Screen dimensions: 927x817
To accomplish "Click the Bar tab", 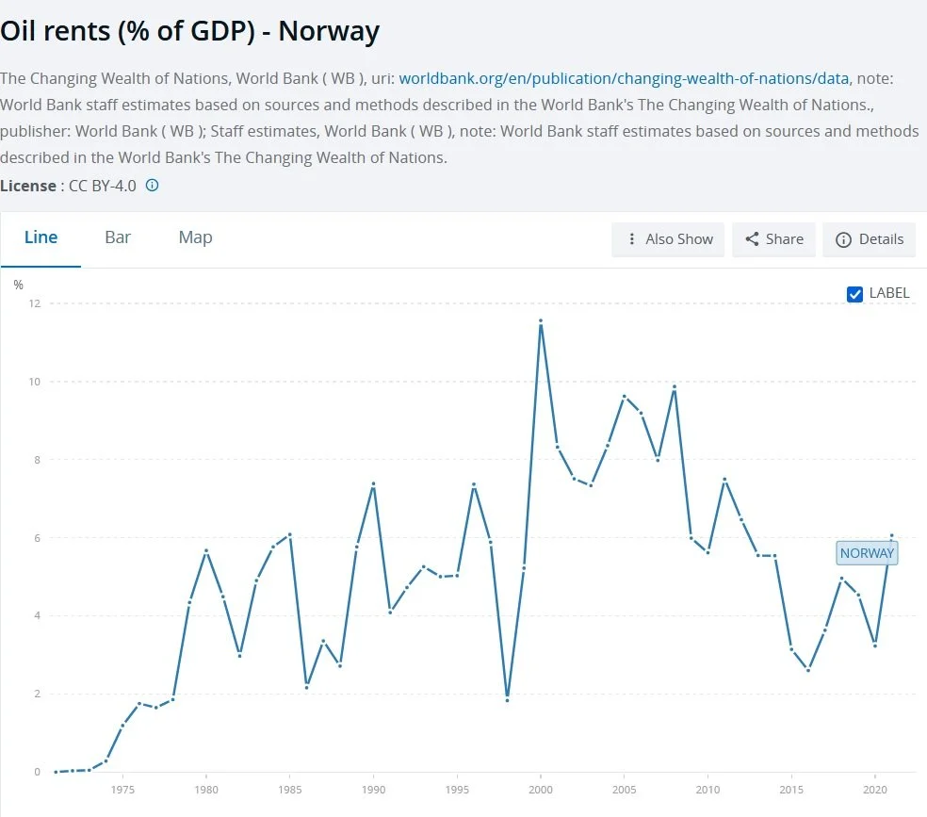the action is coord(118,237).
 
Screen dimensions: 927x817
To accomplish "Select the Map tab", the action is coord(195,237).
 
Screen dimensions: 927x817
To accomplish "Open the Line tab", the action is coord(41,237).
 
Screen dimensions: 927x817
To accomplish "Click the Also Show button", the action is coord(668,239).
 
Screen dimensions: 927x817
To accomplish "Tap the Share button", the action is coord(773,239).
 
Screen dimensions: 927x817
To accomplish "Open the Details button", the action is coord(869,239).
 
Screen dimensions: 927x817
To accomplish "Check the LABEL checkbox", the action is coord(854,294).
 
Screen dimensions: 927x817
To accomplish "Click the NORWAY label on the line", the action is coord(867,553).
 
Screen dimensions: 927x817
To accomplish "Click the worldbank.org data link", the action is coord(624,78).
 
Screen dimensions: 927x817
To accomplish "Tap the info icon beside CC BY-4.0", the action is coord(152,185).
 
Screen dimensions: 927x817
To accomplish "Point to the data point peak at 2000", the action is coord(541,321).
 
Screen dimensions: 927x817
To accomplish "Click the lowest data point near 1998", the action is coord(507,700).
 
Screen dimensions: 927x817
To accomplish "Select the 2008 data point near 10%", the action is coord(675,387).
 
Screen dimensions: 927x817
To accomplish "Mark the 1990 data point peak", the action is coord(374,484).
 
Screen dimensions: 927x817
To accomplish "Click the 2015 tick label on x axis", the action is coord(791,790).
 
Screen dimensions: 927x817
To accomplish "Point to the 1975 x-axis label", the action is coord(122,790).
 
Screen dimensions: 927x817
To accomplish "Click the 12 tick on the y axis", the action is coord(35,303).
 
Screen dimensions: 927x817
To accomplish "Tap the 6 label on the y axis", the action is coord(38,538).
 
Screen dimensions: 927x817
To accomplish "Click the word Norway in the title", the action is coord(329,31).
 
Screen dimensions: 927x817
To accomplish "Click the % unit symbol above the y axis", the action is coord(18,285).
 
